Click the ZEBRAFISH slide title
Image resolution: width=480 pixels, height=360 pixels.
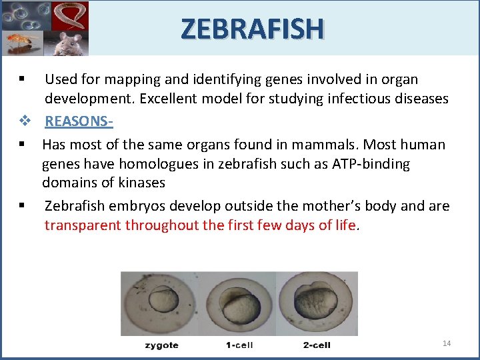252,28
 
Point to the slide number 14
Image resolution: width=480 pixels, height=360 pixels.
447,343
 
